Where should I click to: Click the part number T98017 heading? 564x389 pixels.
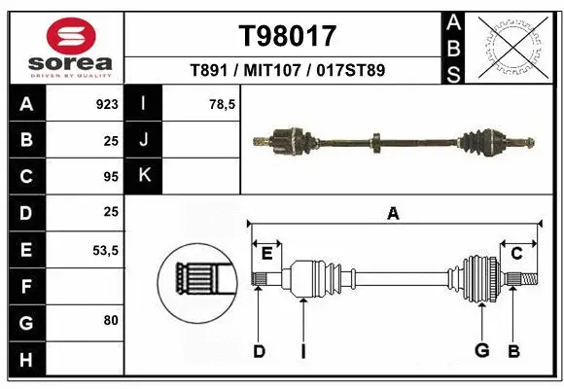click(x=288, y=36)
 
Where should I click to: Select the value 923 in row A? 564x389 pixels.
click(x=106, y=103)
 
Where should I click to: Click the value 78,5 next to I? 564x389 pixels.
click(x=223, y=103)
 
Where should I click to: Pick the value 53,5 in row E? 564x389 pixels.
click(x=104, y=250)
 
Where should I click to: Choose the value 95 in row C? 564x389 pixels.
click(x=110, y=177)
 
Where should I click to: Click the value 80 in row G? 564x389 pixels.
click(x=110, y=320)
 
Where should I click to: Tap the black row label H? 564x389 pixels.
click(x=26, y=360)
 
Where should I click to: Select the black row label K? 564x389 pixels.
click(x=144, y=176)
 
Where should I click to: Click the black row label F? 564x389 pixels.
click(x=26, y=286)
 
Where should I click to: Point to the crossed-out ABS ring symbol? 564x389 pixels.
click(x=513, y=47)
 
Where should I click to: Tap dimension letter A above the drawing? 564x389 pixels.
click(x=393, y=213)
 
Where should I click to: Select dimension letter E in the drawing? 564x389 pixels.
click(x=266, y=254)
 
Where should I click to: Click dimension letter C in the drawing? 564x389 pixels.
click(x=517, y=254)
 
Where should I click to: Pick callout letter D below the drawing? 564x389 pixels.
click(x=259, y=351)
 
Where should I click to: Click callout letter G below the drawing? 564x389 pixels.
click(x=480, y=351)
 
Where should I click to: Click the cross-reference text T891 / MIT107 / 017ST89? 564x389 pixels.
click(x=288, y=71)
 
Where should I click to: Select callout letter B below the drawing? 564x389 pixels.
click(x=513, y=351)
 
